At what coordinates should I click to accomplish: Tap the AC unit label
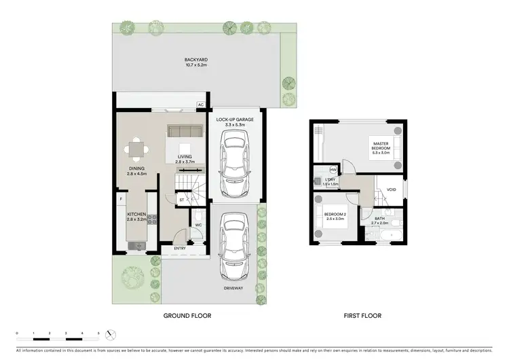[x=200, y=105]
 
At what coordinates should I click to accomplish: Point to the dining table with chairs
[x=138, y=147]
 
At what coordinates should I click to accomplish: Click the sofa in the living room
[x=185, y=131]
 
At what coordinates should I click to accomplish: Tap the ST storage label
[x=182, y=200]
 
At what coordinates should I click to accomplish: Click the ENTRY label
[x=180, y=248]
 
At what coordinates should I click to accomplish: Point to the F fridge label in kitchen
[x=121, y=199]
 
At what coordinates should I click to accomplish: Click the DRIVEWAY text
[x=234, y=288]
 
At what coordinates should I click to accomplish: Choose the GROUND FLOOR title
[x=187, y=316]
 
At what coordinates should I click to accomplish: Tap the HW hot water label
[x=333, y=170]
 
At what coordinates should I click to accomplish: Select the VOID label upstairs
[x=391, y=190]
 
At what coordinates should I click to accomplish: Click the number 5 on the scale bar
[x=99, y=334]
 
